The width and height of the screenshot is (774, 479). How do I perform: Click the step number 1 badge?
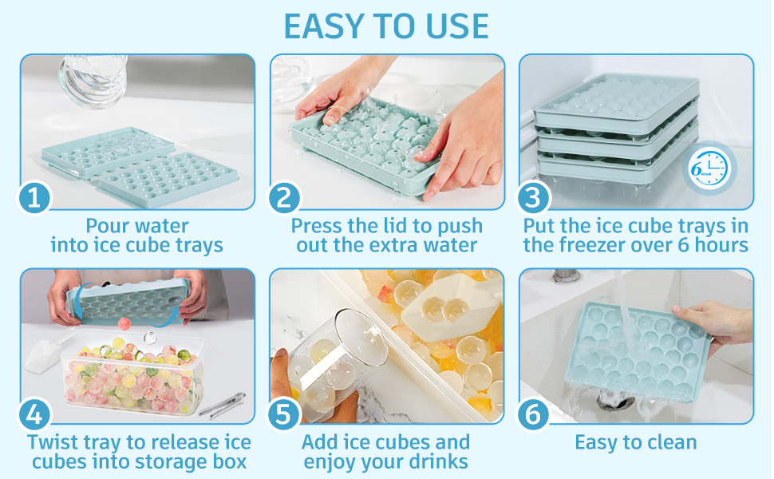(x=34, y=197)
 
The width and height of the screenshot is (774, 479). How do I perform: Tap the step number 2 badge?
(x=284, y=197)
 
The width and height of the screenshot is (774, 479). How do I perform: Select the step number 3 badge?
(x=533, y=197)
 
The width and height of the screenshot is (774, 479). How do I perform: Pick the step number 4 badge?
(x=34, y=414)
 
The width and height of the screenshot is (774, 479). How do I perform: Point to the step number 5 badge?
(x=284, y=414)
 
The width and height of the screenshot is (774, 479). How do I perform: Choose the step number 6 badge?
(x=533, y=414)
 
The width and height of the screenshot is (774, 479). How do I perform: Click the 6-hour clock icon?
(x=709, y=168)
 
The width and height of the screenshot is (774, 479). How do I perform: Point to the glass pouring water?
(x=93, y=81)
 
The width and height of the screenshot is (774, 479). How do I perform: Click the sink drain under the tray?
(x=614, y=400)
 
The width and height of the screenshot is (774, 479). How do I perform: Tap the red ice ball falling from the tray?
(x=124, y=323)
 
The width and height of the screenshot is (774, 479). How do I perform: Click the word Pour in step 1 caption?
(x=106, y=226)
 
